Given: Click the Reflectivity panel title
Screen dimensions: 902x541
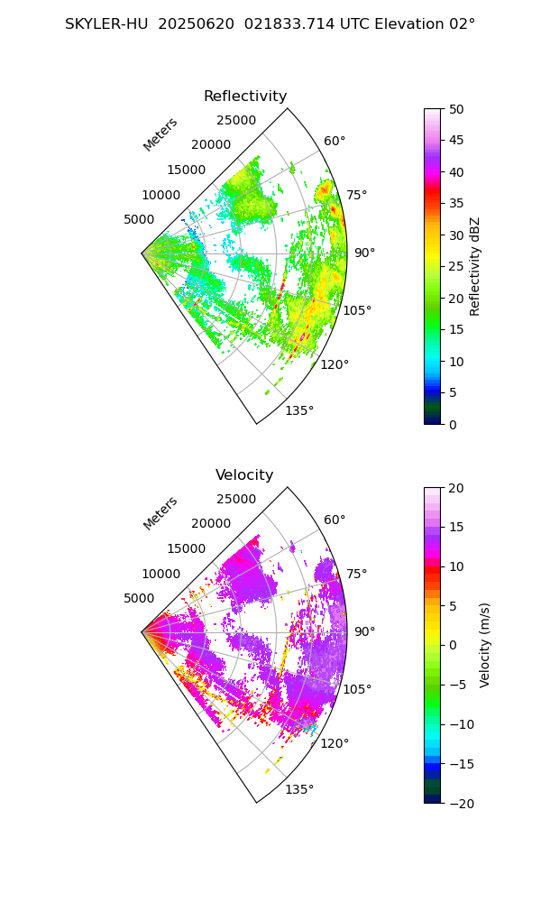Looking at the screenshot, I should point(245,97).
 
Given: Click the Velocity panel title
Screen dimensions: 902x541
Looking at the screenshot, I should point(244,475).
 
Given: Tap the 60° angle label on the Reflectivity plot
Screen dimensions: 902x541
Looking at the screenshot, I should point(335,141).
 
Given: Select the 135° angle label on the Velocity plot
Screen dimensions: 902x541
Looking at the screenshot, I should point(299,789).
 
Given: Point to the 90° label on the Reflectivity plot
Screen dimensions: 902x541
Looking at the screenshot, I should point(364,253).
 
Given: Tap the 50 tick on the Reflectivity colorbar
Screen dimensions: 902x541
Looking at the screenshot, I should point(457,109).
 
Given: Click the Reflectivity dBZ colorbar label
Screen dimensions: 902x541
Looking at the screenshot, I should point(475,266).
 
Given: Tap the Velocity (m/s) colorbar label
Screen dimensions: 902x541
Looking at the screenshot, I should point(485,645).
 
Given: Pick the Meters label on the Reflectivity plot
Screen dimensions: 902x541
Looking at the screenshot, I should point(160,134).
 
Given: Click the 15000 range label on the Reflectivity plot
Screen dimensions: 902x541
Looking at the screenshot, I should point(186,170).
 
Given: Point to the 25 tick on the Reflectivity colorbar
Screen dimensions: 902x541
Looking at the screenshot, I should point(457,266).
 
